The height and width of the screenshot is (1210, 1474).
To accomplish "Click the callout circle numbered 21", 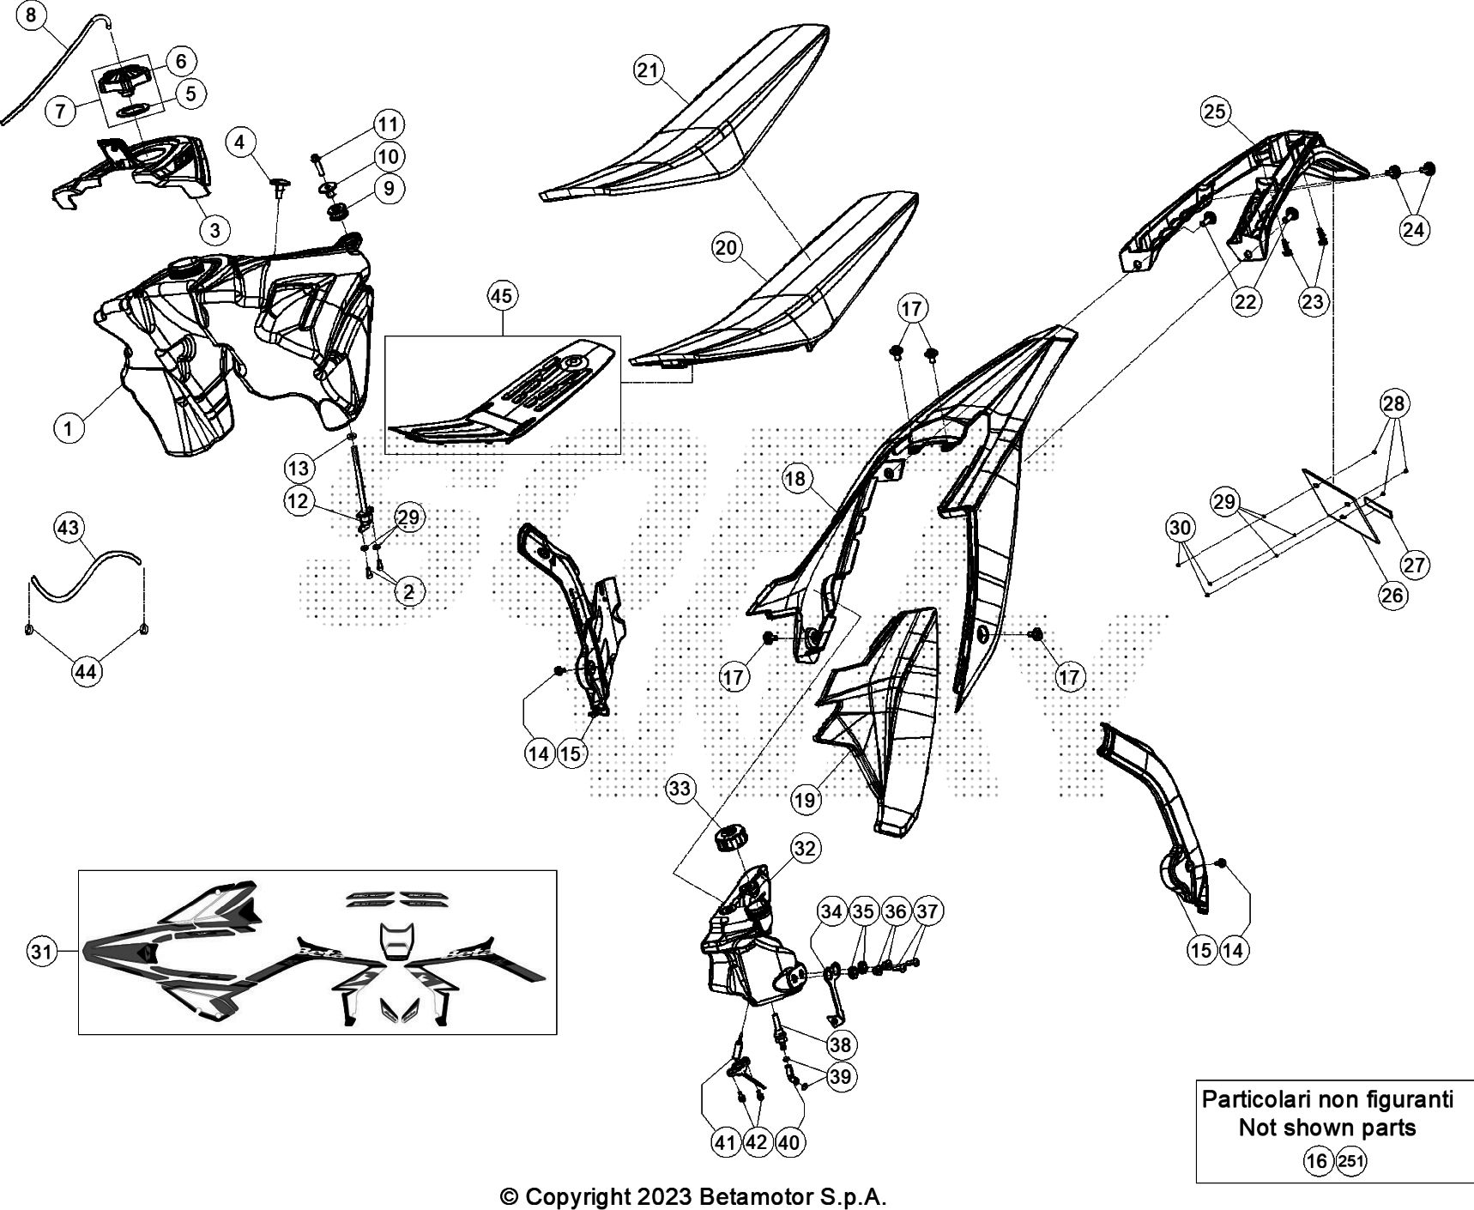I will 648,70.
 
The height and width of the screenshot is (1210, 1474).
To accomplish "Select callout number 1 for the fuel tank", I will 69,427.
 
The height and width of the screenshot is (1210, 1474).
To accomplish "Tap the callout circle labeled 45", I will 502,296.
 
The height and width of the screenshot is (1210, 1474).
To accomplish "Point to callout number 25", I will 1215,112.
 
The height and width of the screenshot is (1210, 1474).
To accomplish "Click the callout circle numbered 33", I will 680,789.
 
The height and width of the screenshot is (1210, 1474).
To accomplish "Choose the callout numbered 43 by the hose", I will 69,527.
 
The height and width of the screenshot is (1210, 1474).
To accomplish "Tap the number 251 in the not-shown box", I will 1350,1162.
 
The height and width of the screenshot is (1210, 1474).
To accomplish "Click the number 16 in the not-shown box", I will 1317,1162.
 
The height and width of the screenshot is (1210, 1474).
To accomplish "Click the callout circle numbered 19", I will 804,800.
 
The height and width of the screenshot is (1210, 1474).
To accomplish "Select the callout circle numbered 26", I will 1392,595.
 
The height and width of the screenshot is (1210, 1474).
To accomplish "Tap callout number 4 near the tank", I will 240,142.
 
